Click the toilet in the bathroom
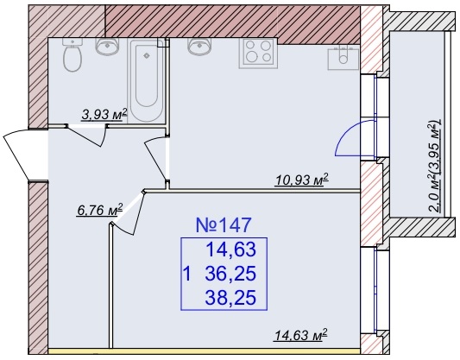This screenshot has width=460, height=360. [x=72, y=55]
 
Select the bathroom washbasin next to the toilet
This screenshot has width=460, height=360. [x=107, y=46]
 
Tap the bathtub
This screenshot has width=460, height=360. [x=147, y=81]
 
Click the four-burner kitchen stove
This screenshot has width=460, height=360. [x=258, y=54]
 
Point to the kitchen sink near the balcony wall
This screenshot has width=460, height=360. [x=343, y=58]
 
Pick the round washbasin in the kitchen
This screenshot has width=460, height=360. [x=199, y=46]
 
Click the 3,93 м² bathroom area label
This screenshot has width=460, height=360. [x=104, y=115]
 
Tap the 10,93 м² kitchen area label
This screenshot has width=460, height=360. [x=301, y=180]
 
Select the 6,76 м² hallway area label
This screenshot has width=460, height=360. [x=99, y=210]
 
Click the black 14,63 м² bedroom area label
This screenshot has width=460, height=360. [x=300, y=335]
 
